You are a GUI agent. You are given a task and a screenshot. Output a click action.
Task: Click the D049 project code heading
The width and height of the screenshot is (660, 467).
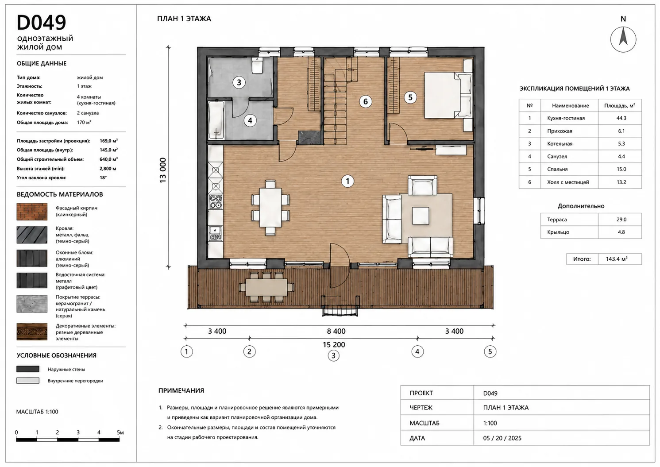(41, 23)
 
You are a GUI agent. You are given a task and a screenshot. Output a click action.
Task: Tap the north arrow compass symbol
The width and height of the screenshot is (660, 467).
(623, 39)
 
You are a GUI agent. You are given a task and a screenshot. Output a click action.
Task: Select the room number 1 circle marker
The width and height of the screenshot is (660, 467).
(347, 181)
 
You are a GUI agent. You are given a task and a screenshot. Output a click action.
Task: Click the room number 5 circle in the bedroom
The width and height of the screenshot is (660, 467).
(410, 97)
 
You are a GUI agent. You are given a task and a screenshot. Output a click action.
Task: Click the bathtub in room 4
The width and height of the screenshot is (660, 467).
(216, 120)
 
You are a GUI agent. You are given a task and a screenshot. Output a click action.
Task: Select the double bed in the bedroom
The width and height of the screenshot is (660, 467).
(448, 96)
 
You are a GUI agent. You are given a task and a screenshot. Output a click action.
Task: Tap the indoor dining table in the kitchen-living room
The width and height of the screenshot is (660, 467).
(270, 208)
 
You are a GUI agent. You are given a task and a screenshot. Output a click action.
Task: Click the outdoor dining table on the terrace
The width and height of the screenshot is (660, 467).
(266, 287)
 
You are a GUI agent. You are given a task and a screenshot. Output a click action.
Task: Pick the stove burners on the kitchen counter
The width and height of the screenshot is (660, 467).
(216, 202)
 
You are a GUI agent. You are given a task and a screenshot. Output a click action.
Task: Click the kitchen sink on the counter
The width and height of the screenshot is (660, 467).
(216, 233)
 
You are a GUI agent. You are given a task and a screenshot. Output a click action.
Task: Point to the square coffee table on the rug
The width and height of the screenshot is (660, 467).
(421, 216)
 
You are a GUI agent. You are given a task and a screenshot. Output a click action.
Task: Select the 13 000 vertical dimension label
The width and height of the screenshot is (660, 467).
(163, 170)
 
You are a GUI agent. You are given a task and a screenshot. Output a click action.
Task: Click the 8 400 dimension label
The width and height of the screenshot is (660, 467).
(336, 331)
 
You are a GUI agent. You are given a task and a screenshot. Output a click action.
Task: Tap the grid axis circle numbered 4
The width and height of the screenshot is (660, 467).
(417, 351)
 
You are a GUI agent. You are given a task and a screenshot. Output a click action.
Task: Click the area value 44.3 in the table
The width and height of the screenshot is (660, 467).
(621, 118)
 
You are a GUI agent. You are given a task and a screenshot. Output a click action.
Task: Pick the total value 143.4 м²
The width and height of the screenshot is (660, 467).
(616, 259)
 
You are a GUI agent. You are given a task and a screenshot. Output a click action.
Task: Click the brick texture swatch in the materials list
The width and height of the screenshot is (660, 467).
(32, 212)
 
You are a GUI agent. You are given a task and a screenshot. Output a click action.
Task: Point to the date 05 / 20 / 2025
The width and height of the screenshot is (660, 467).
(502, 438)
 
